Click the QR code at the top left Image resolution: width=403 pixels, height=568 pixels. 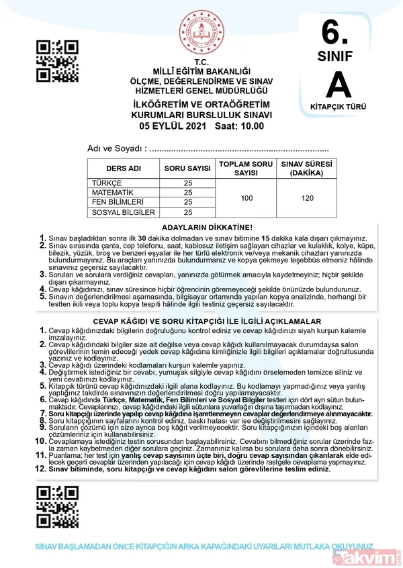pos(57,61)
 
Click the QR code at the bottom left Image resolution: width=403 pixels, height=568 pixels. pos(57,507)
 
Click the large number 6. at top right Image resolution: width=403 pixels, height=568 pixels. pos(337,31)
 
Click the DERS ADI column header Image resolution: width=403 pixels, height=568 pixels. pos(123,169)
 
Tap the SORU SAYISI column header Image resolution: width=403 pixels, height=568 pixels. pos(187,169)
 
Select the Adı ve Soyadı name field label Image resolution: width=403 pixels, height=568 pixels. pos(116,148)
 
